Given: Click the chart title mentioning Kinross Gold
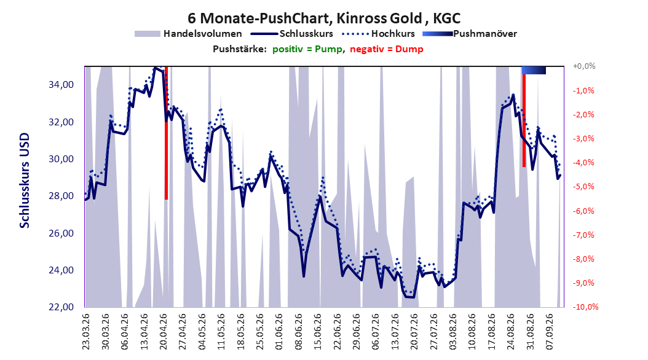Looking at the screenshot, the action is click(324, 18).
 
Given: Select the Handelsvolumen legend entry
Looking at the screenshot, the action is click(188, 34).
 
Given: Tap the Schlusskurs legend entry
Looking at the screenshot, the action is click(292, 34).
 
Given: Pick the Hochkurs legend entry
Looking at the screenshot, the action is click(379, 34).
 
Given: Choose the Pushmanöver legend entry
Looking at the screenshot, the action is click(470, 34).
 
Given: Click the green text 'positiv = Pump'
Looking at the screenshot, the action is click(307, 49).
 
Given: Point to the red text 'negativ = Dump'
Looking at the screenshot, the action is click(387, 49).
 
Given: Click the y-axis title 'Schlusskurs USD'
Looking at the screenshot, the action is click(25, 180).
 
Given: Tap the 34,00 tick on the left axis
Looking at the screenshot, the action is click(61, 85).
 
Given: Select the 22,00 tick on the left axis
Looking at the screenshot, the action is click(61, 307).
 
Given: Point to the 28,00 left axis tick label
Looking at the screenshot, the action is click(61, 196).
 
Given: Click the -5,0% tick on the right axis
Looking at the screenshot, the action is click(583, 187).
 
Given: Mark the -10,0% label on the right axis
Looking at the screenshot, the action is click(585, 307).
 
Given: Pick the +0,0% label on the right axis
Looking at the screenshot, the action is click(584, 66).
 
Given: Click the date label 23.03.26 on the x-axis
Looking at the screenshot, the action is click(86, 332).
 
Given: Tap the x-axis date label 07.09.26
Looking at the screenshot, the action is click(550, 332).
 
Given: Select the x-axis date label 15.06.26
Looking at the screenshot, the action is click(318, 332).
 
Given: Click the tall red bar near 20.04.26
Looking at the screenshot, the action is click(166, 133).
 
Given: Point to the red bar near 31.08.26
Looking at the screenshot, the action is click(524, 120).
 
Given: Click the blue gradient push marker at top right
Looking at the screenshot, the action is click(534, 71).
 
